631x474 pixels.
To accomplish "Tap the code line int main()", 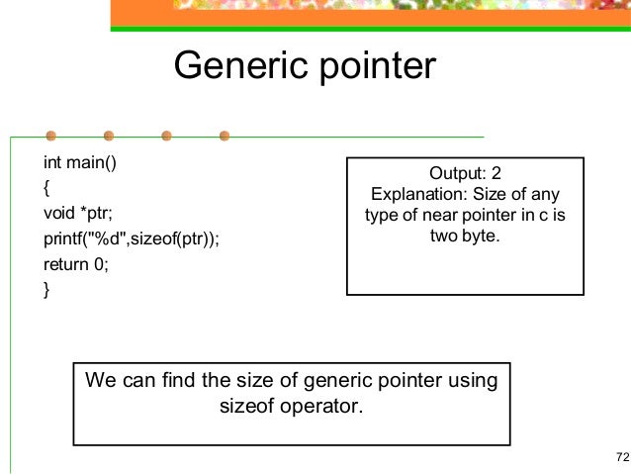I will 80,161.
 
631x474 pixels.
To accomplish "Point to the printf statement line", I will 132,238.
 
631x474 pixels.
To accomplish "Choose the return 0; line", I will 75,264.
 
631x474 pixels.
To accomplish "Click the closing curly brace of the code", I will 46,290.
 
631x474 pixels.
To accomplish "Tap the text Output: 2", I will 466,174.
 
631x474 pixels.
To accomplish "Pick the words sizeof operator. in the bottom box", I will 292,406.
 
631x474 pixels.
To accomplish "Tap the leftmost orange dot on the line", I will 50,136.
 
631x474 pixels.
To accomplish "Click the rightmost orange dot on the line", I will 225,136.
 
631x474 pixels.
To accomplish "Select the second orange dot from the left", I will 109,136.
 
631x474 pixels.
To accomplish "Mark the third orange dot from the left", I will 167,136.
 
